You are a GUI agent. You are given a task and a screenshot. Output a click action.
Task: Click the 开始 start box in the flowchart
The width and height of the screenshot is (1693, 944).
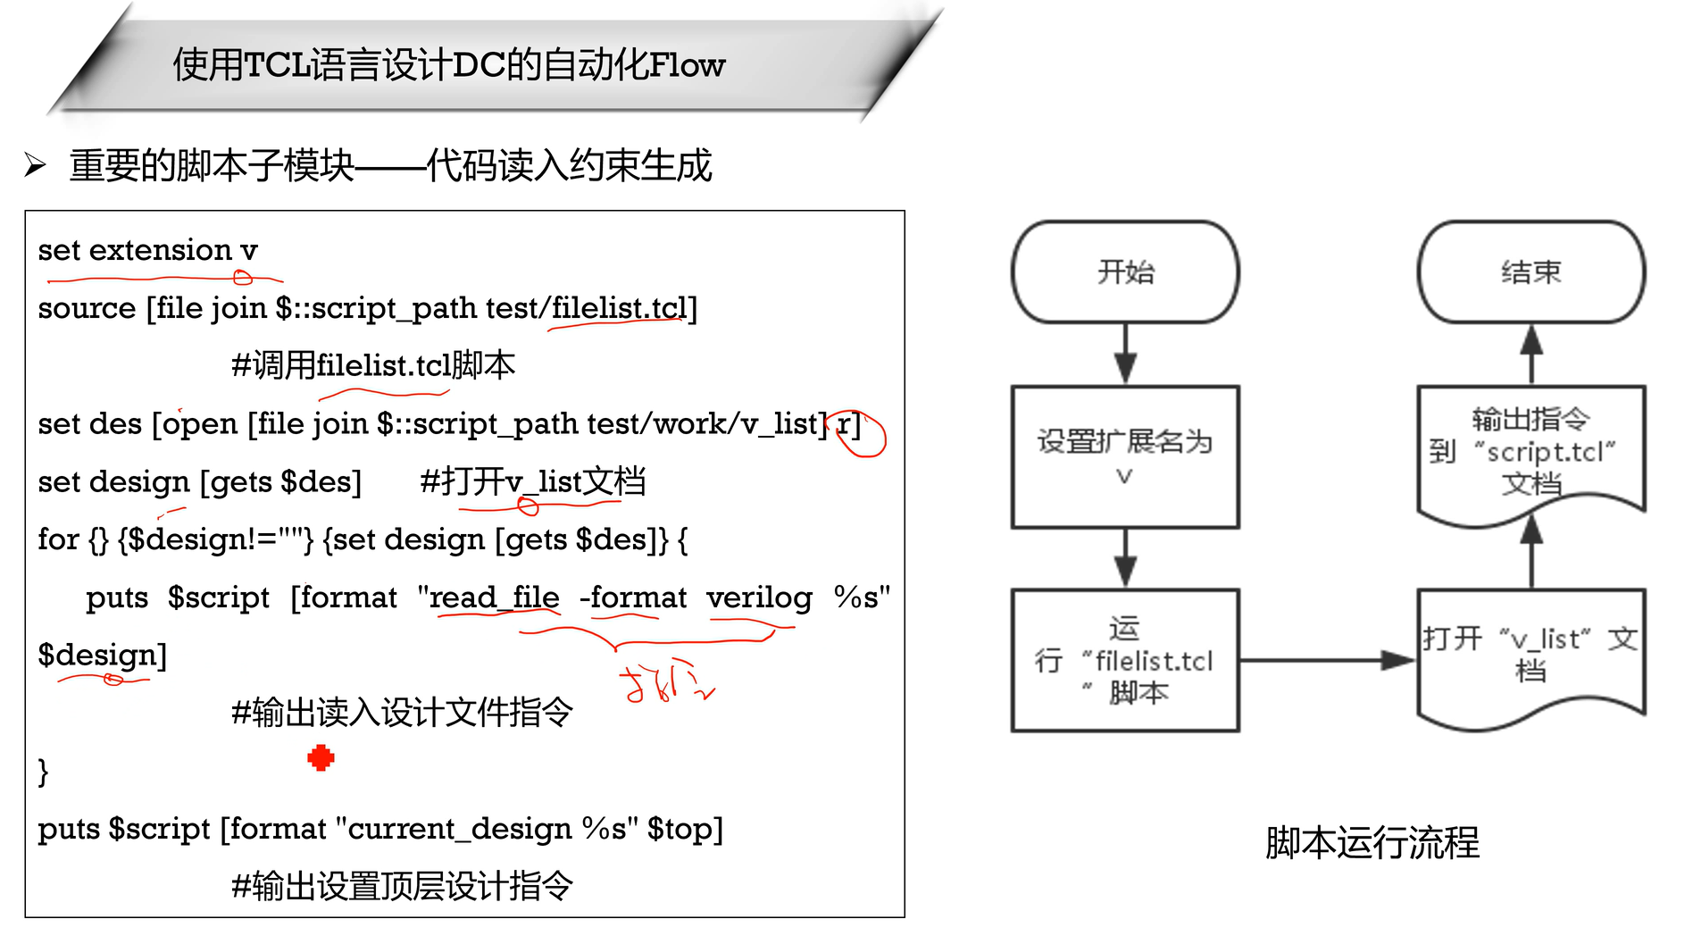click(1125, 272)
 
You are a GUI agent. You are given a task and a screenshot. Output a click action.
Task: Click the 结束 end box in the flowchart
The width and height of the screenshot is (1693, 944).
click(1531, 272)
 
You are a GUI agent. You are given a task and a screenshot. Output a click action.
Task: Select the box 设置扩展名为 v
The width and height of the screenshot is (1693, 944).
click(1125, 456)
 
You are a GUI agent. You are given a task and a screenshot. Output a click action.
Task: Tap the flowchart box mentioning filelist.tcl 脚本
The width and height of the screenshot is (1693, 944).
click(1125, 660)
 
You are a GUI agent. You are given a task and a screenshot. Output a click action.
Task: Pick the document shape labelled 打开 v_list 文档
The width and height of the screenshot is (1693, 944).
click(1531, 654)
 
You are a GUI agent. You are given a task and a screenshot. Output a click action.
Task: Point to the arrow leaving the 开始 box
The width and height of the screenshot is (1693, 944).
click(1125, 354)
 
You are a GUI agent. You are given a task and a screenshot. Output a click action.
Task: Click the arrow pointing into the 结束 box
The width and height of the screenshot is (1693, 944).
click(1531, 354)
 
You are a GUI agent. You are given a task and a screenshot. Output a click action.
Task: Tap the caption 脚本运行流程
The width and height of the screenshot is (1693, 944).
click(1372, 842)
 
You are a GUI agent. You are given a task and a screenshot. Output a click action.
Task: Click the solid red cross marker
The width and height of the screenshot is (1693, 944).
click(321, 758)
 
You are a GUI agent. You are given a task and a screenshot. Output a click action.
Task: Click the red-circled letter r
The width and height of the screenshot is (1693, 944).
click(845, 424)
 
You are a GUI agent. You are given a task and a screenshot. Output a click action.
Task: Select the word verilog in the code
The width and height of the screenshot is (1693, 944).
click(759, 597)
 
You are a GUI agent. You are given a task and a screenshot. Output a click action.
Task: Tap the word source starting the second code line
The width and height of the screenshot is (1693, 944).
click(87, 308)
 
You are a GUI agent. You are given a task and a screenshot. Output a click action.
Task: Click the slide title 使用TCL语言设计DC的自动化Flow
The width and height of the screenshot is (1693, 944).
click(448, 65)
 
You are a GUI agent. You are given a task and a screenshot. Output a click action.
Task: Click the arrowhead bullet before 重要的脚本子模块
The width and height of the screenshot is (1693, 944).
click(36, 165)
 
